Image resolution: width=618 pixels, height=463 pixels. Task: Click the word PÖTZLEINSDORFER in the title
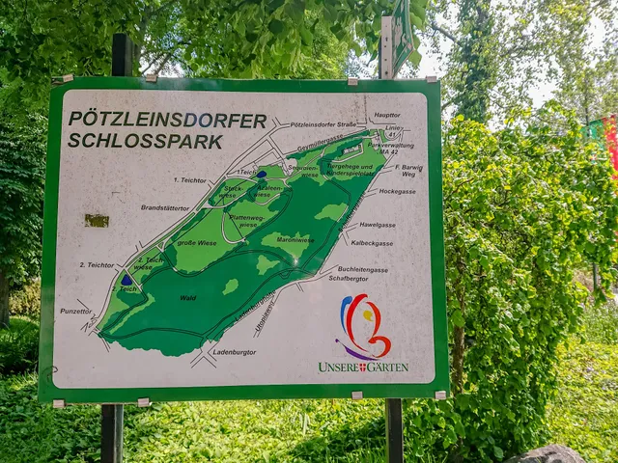[x=167, y=121]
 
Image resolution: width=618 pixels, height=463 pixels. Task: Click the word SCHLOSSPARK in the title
[x=145, y=141]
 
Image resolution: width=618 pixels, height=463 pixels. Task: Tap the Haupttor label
[x=386, y=115]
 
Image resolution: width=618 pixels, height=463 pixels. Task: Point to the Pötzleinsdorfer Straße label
[x=323, y=124]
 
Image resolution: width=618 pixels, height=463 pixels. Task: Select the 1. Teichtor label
[x=190, y=179]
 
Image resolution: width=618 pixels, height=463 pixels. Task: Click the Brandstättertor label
[x=165, y=207]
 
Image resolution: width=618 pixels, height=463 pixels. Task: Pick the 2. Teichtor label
[x=98, y=264]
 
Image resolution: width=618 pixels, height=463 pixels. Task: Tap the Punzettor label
[x=75, y=311]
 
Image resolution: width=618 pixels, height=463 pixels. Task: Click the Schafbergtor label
[x=349, y=278]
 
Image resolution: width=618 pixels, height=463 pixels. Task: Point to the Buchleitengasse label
[x=362, y=269]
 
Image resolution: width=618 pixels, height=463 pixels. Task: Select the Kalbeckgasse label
[x=371, y=243]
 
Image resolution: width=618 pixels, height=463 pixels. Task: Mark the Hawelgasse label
[x=377, y=225]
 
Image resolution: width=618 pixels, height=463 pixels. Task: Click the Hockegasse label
[x=397, y=191]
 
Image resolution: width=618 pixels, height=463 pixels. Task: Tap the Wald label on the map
[x=187, y=298]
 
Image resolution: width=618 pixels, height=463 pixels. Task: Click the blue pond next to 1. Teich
[x=262, y=175]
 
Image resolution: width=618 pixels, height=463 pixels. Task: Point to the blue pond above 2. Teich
[x=126, y=280]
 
